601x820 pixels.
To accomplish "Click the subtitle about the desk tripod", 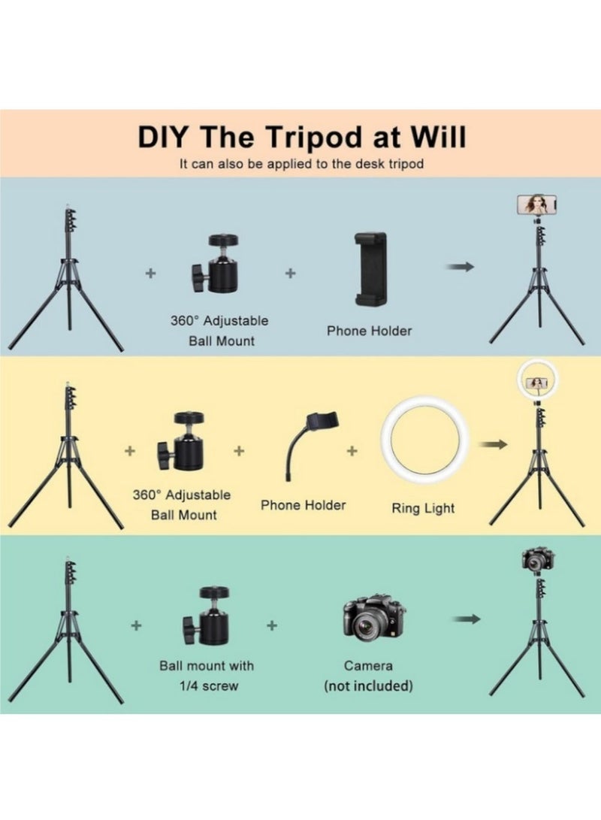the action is [301, 164].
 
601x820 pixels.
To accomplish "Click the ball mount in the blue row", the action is [216, 263].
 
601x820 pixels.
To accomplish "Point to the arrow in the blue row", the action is [460, 267].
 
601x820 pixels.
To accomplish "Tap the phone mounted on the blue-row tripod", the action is [536, 204].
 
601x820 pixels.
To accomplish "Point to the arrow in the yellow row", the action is [494, 444].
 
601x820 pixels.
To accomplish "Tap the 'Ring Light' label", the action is [423, 508].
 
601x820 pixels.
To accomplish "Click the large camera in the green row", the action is [374, 619].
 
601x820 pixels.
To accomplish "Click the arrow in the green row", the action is [467, 619].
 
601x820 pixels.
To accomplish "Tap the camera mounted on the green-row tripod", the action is [538, 559].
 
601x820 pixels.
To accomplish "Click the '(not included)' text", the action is [368, 685].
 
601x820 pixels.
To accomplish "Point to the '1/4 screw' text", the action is [209, 685].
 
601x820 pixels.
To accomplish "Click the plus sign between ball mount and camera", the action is [272, 625].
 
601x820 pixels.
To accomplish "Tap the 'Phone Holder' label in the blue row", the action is [370, 331].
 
